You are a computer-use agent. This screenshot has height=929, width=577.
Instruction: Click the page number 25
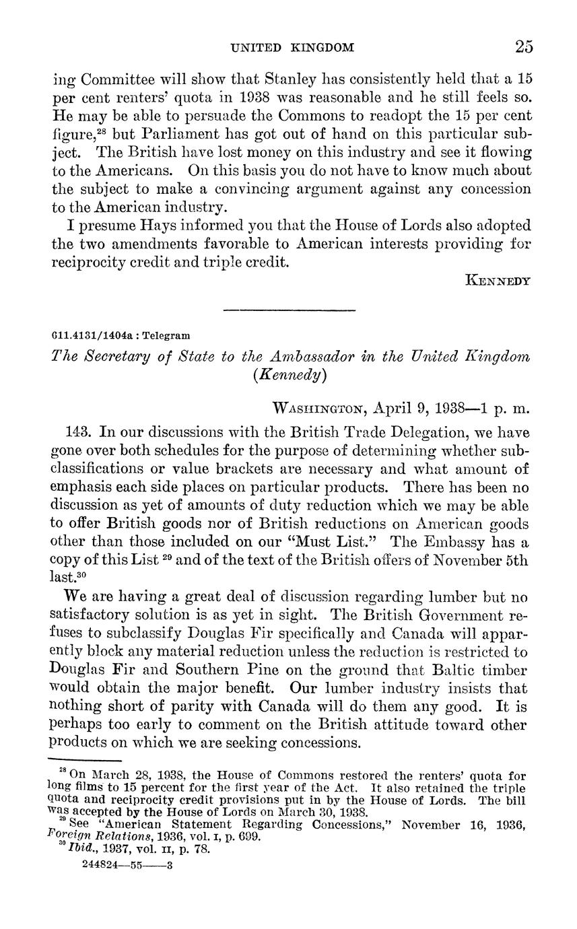[524, 46]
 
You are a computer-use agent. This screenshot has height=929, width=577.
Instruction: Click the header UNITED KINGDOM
[292, 48]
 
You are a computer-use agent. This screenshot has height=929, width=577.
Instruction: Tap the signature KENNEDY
[498, 280]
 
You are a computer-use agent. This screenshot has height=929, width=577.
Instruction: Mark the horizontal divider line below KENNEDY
[289, 310]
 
